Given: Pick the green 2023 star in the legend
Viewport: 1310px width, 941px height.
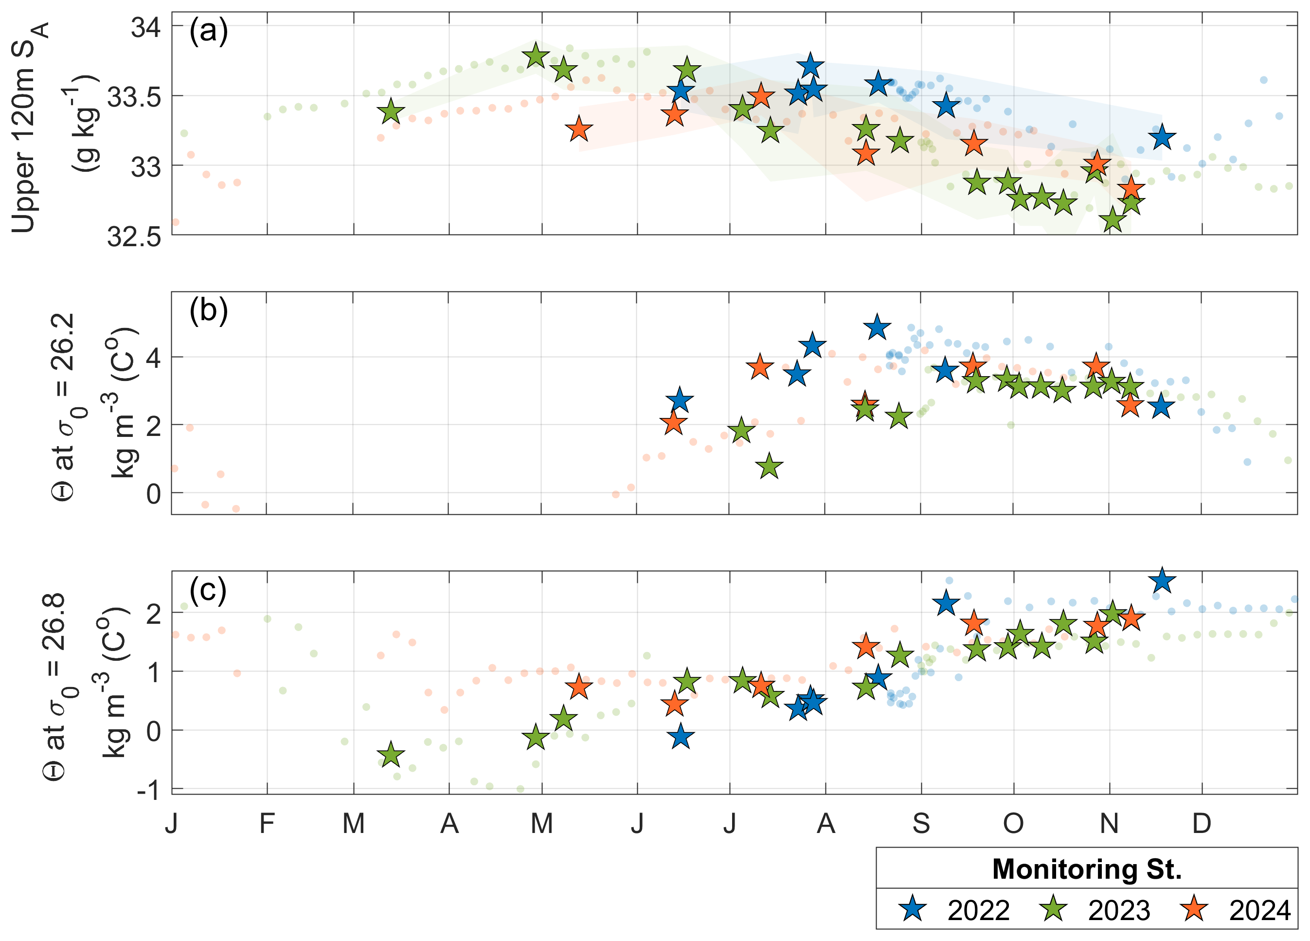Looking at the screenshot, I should coord(1054,909).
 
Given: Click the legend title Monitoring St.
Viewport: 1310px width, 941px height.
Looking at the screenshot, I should coord(1086,869).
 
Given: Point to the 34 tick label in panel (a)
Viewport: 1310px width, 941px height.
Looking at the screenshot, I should coord(145,27).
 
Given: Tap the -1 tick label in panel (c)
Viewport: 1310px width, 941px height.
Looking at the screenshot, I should coord(148,790).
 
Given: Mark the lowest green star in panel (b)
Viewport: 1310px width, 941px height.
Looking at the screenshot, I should coord(770,467).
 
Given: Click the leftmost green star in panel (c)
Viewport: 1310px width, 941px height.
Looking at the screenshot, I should coord(391,755).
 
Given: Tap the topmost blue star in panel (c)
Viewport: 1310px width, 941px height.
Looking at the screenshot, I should coord(1162,580).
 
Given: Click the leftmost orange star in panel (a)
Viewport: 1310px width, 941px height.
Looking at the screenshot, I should coord(579,129).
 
